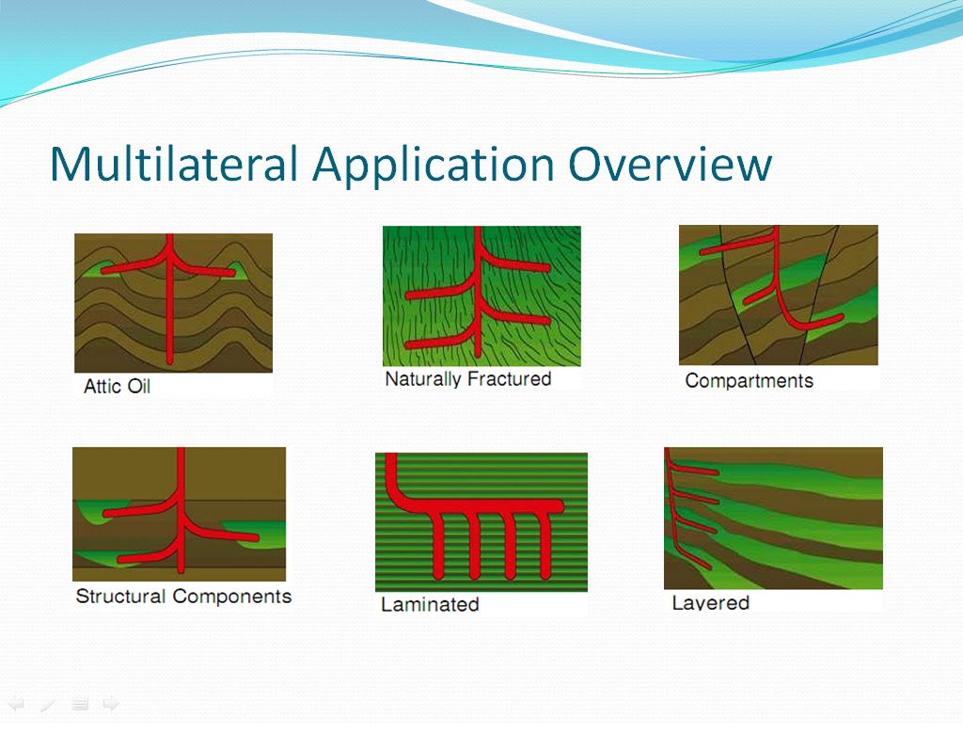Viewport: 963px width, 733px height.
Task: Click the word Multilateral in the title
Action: [x=174, y=164]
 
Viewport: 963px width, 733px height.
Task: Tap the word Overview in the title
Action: [x=670, y=164]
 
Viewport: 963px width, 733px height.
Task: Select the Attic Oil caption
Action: [x=117, y=387]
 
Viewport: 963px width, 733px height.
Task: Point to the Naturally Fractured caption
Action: [x=468, y=379]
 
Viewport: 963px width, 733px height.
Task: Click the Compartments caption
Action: [x=750, y=381]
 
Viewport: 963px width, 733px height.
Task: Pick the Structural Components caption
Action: [x=183, y=596]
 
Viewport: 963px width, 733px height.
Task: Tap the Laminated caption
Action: [x=430, y=604]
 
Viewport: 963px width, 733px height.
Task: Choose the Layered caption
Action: [x=711, y=602]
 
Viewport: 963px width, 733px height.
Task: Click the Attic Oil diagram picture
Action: [x=173, y=303]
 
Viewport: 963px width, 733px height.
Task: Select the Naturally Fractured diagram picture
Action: [x=481, y=296]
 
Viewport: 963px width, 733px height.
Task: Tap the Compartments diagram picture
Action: [x=778, y=295]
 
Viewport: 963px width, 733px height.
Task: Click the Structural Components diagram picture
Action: [x=180, y=515]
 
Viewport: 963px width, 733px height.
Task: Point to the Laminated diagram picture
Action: [x=481, y=522]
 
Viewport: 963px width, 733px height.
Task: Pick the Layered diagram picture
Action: [x=773, y=518]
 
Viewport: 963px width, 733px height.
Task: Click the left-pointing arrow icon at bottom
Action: [x=16, y=704]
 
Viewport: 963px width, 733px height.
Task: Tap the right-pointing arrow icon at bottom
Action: [x=111, y=704]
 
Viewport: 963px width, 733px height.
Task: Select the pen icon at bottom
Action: [x=48, y=705]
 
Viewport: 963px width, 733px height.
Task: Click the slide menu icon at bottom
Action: [x=80, y=704]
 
